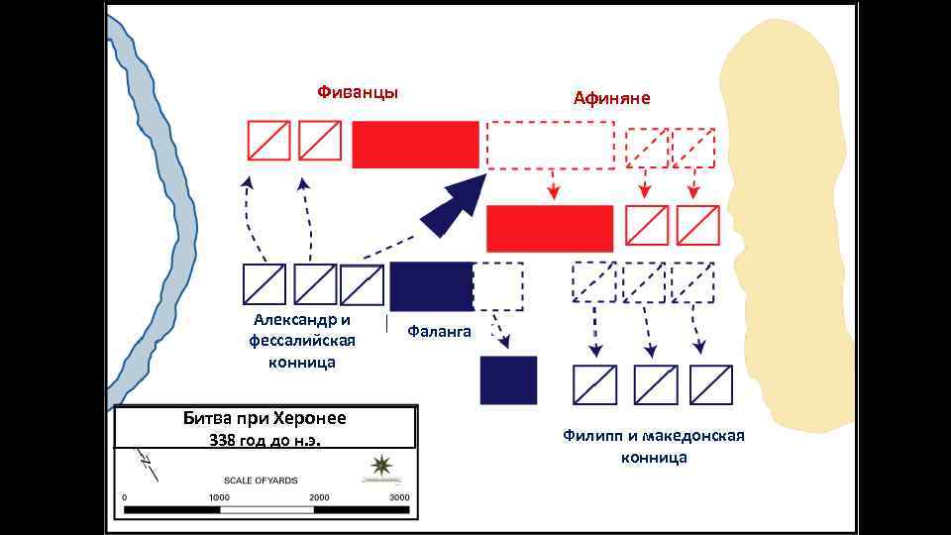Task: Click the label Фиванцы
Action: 358,92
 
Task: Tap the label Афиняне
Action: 611,97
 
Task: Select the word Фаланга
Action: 439,332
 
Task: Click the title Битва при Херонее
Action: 264,417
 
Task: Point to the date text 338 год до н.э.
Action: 264,439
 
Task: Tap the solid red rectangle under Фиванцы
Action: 415,144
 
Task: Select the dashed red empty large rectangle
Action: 551,145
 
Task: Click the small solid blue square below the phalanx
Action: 508,380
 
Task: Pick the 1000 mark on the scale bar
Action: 219,497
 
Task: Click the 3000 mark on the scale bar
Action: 399,497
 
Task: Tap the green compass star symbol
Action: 379,466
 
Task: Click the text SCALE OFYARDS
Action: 261,480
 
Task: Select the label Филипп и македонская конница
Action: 654,447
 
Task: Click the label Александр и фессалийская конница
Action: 302,341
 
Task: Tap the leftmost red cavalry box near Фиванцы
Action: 268,141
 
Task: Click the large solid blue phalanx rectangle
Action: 431,286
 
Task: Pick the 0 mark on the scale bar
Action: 125,497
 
